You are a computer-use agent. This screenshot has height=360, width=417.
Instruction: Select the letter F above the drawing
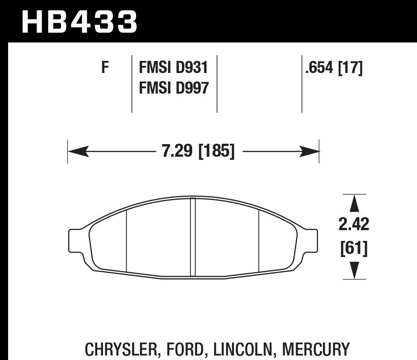(105, 69)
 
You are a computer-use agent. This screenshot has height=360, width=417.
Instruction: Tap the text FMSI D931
(174, 69)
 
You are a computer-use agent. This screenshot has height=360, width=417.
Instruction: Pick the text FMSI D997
(174, 88)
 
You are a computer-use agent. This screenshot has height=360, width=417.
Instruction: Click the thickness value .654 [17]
(333, 69)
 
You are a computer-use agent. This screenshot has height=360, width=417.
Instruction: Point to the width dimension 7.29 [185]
(198, 152)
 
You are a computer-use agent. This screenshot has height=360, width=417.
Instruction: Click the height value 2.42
(354, 224)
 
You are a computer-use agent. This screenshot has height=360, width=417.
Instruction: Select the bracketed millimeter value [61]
(354, 249)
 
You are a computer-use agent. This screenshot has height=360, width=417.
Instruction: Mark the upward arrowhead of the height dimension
(354, 204)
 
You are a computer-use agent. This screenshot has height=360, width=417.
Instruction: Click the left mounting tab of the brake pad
(75, 240)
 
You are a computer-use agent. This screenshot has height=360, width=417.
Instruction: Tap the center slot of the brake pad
(193, 237)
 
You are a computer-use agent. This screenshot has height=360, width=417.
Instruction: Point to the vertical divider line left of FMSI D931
(132, 84)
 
